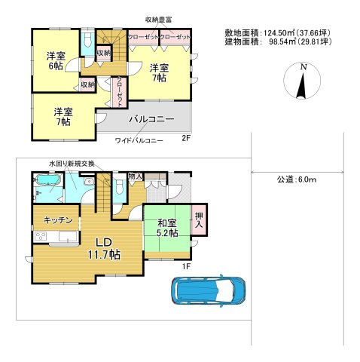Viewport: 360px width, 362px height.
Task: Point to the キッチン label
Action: [57, 220]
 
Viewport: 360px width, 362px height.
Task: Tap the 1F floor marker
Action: [186, 265]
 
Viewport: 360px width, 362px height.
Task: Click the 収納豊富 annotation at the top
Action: [160, 20]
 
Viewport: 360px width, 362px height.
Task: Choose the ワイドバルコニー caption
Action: [139, 140]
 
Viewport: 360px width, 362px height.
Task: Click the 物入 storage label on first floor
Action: [135, 176]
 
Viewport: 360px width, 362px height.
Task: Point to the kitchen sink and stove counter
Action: [54, 238]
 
